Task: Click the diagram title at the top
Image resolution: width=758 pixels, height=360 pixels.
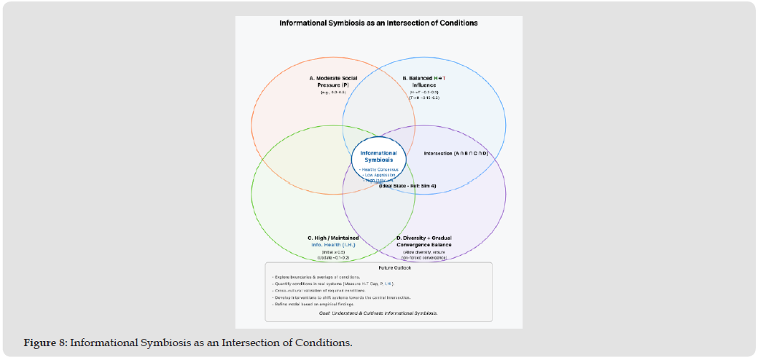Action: click(378, 23)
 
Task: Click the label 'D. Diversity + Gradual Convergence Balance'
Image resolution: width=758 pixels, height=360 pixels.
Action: click(423, 241)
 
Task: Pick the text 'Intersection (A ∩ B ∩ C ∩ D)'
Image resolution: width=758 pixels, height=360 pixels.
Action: click(456, 154)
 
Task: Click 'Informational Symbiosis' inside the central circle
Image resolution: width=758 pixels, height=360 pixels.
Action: click(378, 156)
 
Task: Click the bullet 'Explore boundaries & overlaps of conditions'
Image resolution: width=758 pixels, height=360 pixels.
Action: click(318, 277)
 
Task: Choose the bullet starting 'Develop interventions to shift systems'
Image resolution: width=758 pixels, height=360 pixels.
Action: click(340, 297)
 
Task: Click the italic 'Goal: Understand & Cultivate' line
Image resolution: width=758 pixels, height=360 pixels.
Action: click(378, 313)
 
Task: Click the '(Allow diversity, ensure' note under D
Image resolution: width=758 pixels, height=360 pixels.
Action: click(423, 252)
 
